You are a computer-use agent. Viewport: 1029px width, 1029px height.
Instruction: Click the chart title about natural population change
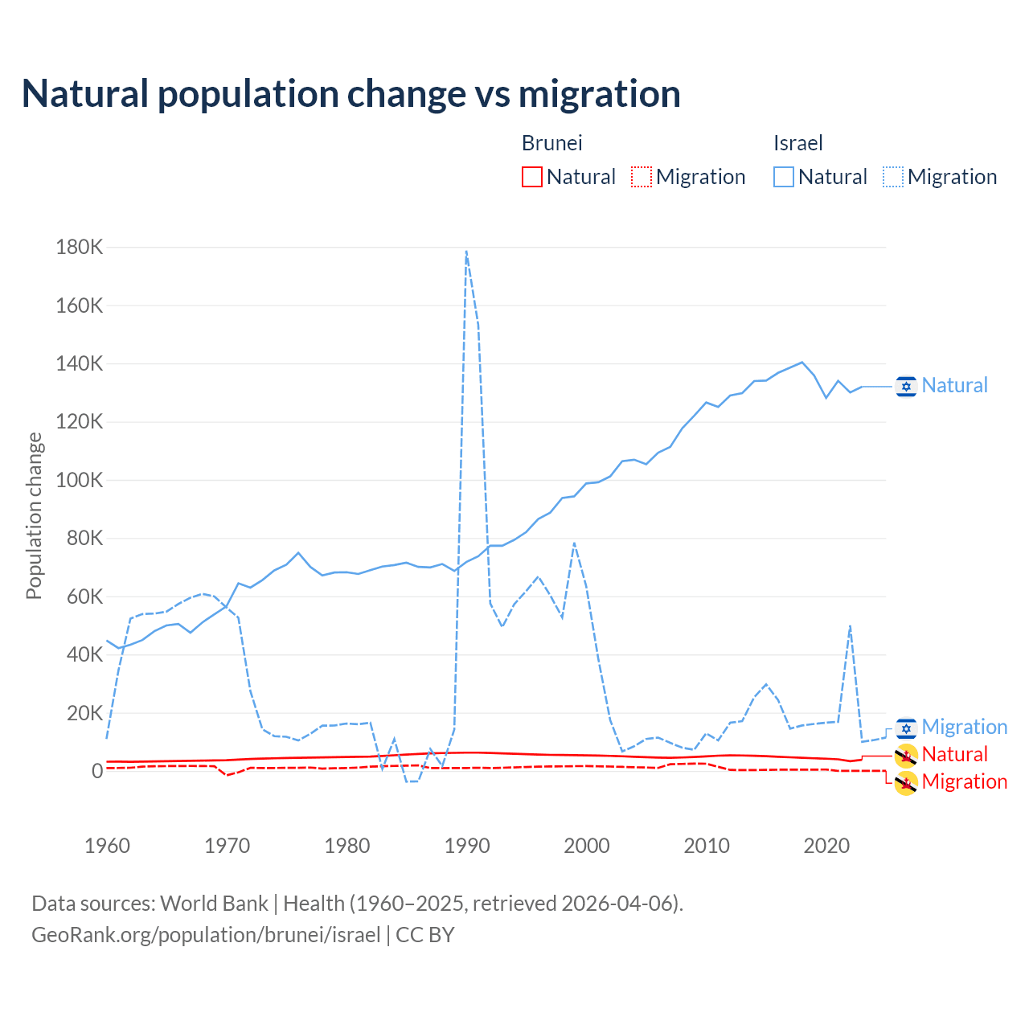(x=351, y=94)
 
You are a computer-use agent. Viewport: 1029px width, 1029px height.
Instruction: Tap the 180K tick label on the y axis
(x=80, y=248)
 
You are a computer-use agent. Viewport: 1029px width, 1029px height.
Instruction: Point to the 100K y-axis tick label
(x=80, y=481)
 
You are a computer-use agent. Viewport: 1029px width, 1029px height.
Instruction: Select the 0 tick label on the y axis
(x=97, y=772)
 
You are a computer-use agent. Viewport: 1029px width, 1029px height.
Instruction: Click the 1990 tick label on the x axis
(x=467, y=846)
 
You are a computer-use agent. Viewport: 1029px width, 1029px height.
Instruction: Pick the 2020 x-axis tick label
(x=826, y=846)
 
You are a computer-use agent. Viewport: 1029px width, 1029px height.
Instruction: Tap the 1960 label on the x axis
(x=107, y=846)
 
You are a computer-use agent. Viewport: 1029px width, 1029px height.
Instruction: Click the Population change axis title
(x=34, y=516)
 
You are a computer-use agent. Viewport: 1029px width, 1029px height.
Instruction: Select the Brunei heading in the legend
(x=551, y=143)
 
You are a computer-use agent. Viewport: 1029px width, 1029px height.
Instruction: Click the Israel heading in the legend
(x=797, y=143)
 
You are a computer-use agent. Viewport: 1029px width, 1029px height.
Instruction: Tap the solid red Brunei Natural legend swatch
(x=531, y=177)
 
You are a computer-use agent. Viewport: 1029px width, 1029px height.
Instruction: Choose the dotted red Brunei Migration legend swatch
(x=641, y=177)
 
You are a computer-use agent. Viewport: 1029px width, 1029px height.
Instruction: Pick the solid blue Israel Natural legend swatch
(x=783, y=177)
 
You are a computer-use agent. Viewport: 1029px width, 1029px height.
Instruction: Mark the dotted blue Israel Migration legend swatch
(x=892, y=177)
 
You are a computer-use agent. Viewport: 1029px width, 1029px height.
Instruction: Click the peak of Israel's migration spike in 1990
(x=466, y=252)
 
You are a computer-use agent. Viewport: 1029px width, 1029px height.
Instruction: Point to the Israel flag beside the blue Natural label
(x=906, y=386)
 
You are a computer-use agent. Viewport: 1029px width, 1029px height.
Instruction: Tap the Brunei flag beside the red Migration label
(x=906, y=783)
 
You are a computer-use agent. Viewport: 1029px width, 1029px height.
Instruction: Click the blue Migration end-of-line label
(x=964, y=728)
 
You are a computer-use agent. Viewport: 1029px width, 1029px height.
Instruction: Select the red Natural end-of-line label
(x=954, y=755)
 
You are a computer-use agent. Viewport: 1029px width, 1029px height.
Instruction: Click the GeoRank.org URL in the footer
(x=206, y=935)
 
